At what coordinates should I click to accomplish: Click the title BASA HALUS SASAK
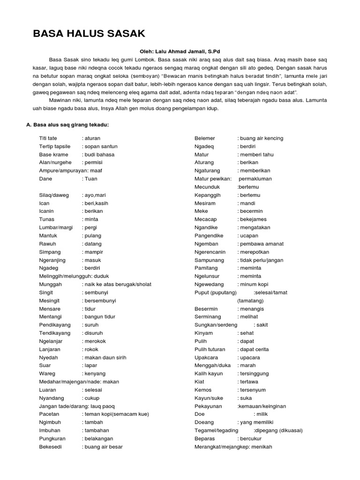(x=89, y=33)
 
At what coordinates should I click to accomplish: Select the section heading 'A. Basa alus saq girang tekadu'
(x=67, y=125)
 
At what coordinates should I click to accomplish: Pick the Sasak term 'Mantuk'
(x=49, y=235)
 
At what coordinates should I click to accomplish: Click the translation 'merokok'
(x=97, y=341)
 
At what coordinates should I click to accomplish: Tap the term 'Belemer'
(x=205, y=138)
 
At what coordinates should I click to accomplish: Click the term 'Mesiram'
(x=205, y=203)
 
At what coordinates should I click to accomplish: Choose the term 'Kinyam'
(x=203, y=333)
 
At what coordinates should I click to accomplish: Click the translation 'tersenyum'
(x=253, y=390)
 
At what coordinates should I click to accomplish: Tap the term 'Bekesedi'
(x=52, y=447)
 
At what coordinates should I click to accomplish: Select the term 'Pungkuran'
(x=52, y=439)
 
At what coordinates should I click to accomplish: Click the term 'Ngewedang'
(x=210, y=284)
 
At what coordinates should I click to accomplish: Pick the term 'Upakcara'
(x=207, y=357)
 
